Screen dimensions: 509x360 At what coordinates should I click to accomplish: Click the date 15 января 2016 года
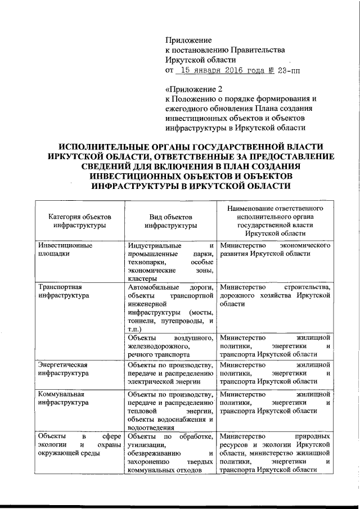[209, 71]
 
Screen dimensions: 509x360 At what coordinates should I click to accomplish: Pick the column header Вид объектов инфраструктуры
[170, 220]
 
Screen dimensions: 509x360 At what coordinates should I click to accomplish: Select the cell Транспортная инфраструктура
[61, 290]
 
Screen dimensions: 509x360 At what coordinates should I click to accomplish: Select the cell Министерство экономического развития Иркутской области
[274, 249]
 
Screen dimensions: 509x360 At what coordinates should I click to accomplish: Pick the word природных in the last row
[310, 436]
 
